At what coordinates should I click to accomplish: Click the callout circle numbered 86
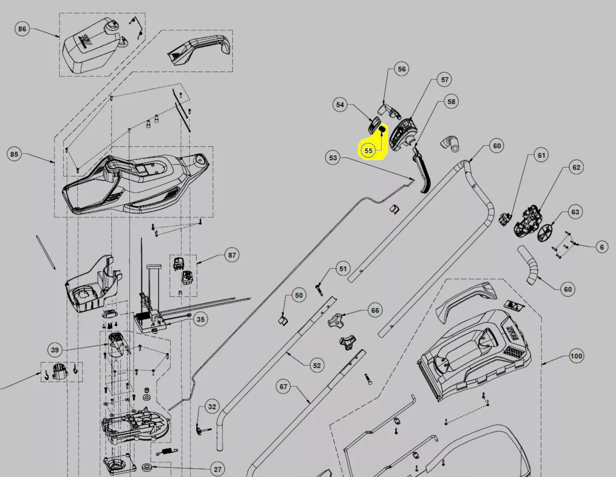point(22,29)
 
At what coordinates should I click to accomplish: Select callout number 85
point(14,154)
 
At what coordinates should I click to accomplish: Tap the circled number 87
point(232,255)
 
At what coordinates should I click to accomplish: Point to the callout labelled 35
point(200,319)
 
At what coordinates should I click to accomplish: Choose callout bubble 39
point(55,350)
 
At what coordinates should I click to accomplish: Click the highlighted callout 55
point(368,151)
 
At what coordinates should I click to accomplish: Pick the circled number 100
point(576,356)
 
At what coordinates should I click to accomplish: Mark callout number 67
point(284,386)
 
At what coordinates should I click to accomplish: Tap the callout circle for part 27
point(218,469)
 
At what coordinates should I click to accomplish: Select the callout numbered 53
point(333,157)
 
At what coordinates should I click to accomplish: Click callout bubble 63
point(575,212)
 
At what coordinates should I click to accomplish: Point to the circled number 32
point(212,407)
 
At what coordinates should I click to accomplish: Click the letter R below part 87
point(180,293)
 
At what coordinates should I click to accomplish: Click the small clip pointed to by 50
point(283,320)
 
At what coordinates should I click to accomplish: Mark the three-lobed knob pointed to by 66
point(336,321)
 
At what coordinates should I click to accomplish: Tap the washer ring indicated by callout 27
point(148,467)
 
